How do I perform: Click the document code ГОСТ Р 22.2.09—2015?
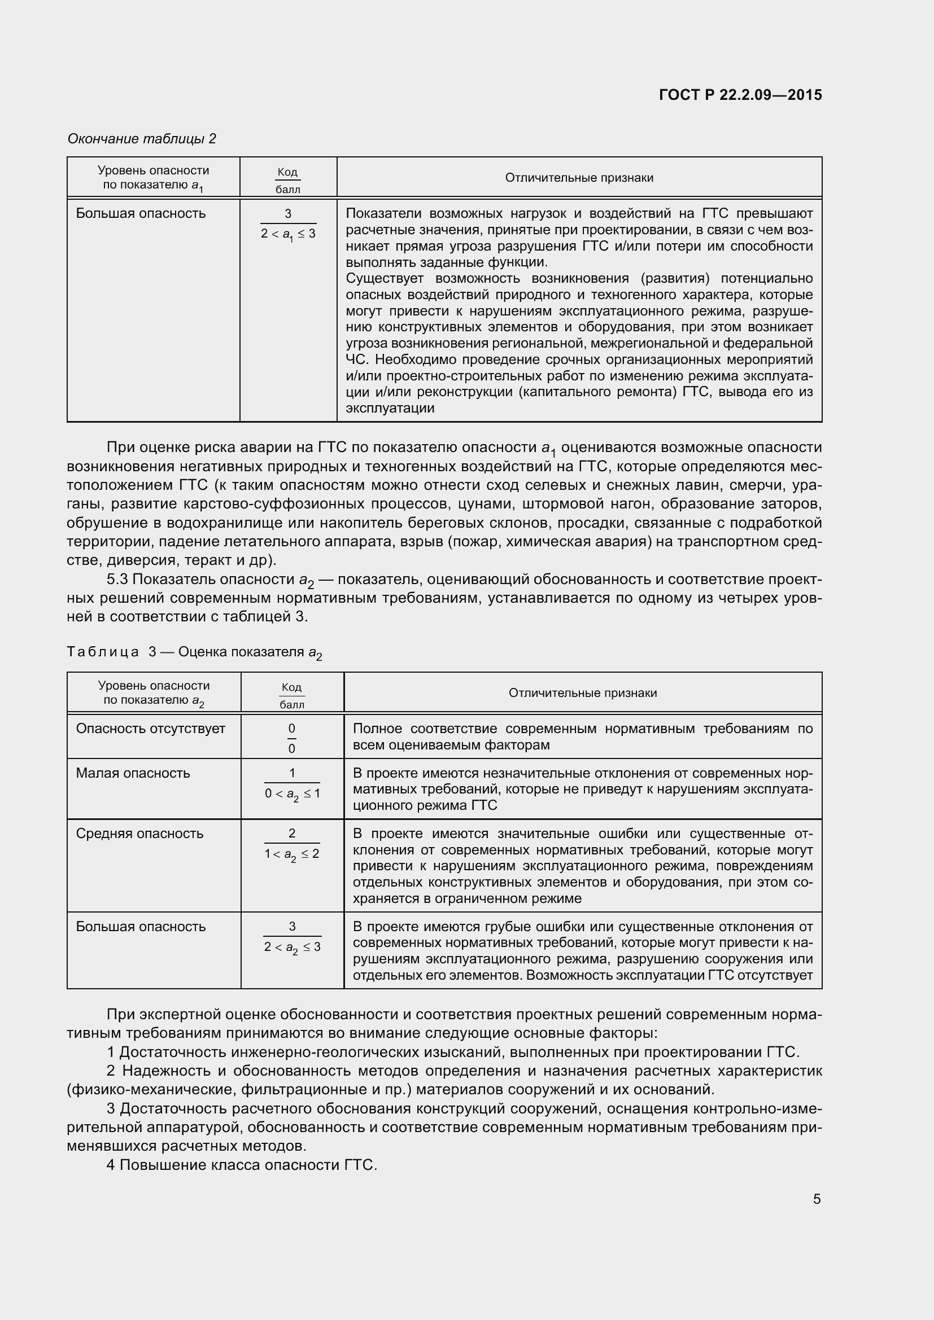tap(740, 95)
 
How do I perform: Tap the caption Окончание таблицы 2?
tap(142, 139)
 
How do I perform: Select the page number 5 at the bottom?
tap(817, 1199)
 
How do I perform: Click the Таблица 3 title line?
tap(194, 652)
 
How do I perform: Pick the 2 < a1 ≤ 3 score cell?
tap(288, 234)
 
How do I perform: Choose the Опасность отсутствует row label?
tap(150, 729)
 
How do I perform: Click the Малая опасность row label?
tap(133, 773)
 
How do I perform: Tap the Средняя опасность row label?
tap(139, 833)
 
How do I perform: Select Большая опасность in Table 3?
tap(141, 926)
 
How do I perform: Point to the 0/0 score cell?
tap(291, 738)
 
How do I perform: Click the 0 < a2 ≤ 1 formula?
tap(292, 794)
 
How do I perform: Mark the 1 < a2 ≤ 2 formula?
tap(292, 854)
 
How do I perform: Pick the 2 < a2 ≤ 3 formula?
tap(292, 947)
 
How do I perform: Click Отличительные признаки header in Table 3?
tap(582, 693)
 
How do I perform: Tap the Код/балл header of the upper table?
tap(287, 180)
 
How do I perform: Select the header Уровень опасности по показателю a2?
tap(154, 693)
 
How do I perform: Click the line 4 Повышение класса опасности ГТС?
tap(242, 1165)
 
